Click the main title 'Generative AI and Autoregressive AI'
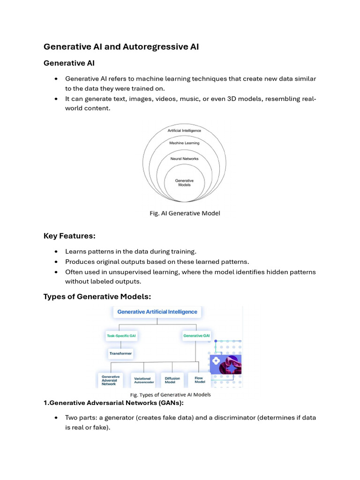(121, 47)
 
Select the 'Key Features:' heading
(69, 236)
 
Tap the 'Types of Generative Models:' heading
(97, 296)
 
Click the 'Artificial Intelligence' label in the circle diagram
(184, 130)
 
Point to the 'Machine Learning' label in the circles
(184, 143)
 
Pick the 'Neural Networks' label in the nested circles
(184, 158)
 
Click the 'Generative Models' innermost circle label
(184, 182)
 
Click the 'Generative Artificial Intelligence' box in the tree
(157, 312)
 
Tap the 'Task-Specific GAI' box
(121, 336)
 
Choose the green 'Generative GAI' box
(196, 335)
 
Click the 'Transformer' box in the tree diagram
(121, 353)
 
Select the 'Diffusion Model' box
(172, 379)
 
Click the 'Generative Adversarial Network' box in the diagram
(111, 380)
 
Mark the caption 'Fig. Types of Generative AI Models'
(170, 395)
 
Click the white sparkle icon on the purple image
(216, 361)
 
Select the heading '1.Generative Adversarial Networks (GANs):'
(113, 403)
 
